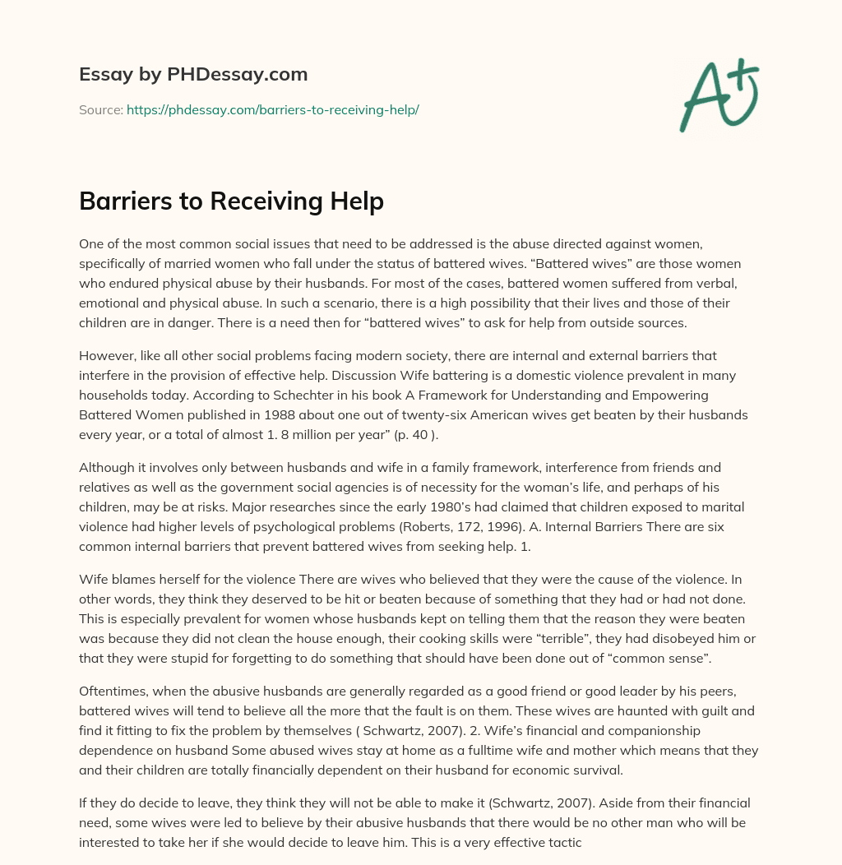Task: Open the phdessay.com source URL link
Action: coord(272,109)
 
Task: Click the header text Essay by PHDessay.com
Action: coord(193,74)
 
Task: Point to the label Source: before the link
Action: coord(100,109)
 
